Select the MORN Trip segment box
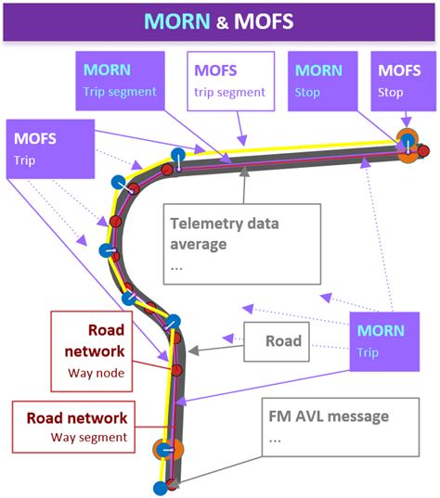(x=123, y=81)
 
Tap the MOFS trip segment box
(x=231, y=81)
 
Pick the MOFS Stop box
(x=399, y=81)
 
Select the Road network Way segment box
(x=76, y=427)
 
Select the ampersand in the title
(x=220, y=21)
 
